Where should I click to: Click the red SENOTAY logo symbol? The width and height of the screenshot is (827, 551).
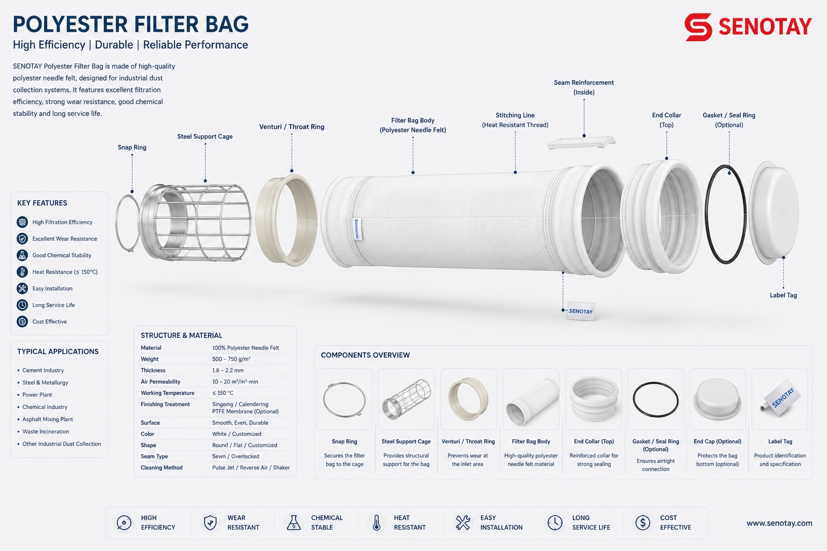[698, 27]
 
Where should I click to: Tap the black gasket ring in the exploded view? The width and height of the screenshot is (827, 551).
[706, 214]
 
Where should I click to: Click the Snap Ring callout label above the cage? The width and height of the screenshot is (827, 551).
[132, 147]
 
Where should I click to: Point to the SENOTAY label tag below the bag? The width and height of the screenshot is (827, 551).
[581, 311]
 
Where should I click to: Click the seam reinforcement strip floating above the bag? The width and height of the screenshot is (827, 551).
[581, 143]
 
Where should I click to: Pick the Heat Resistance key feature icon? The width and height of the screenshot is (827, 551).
[22, 272]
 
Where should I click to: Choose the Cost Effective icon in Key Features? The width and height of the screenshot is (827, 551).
[22, 321]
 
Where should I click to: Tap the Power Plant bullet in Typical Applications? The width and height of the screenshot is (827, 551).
[37, 394]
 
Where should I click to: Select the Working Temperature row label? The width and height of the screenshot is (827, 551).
[167, 393]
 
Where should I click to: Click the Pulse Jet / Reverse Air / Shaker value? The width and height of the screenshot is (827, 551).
[251, 468]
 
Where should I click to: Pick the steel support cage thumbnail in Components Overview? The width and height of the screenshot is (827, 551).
[407, 399]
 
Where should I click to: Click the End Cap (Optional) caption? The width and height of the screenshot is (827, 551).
[717, 441]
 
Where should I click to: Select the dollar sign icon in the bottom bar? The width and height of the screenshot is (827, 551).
[643, 522]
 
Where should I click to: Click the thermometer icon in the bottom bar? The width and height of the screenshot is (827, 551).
[376, 523]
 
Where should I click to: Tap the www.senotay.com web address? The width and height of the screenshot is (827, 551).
[779, 523]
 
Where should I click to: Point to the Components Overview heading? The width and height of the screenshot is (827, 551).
[365, 355]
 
